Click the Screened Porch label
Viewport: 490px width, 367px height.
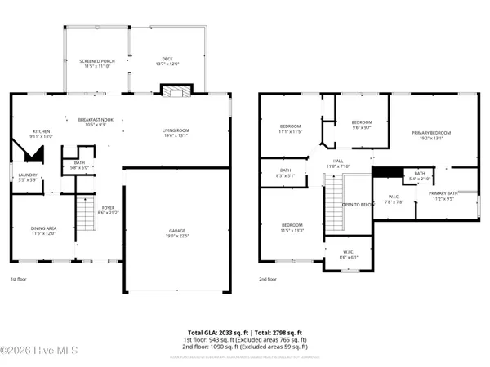coord(97,62)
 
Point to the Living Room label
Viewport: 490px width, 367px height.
coord(176,133)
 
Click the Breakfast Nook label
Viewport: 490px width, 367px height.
coord(96,122)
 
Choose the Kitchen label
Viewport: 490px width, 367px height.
coord(42,134)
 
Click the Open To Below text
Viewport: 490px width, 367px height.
coord(358,205)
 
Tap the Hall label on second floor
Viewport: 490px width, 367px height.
coord(337,163)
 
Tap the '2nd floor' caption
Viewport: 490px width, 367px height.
coord(268,279)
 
